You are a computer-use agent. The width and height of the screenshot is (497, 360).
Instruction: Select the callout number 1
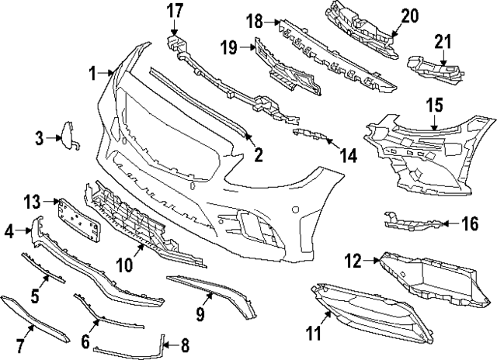pos(92,74)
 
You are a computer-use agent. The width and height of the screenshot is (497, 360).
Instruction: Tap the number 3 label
pos(40,138)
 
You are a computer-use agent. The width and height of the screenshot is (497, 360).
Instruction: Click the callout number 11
pos(312,334)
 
